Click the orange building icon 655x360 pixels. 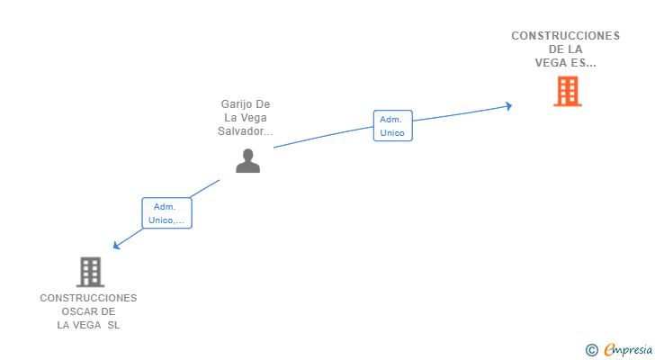click(567, 91)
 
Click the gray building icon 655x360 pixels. click(89, 271)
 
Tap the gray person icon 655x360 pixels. click(247, 161)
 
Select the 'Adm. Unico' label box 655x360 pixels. click(392, 126)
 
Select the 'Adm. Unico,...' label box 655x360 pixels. click(166, 213)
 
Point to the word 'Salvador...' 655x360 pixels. click(246, 131)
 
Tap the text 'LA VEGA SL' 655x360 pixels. click(88, 325)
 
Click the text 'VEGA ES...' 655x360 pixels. click(566, 63)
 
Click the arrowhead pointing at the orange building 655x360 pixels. click(508, 106)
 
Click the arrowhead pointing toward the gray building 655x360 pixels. click(115, 246)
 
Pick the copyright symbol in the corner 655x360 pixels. click(591, 350)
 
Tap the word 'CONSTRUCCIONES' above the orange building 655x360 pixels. click(566, 36)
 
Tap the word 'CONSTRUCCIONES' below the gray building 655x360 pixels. click(88, 298)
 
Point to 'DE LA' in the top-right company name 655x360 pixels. click(566, 49)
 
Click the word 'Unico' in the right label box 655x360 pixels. click(392, 133)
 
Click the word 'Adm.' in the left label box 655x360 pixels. click(164, 206)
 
